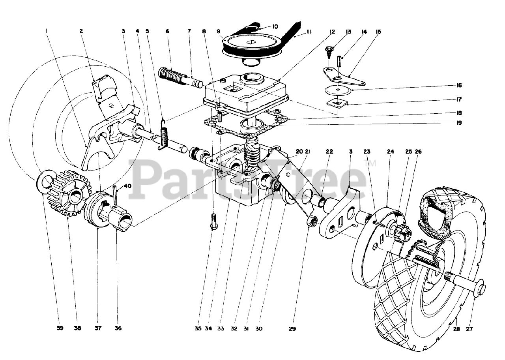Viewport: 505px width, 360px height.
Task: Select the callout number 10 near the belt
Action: tap(275, 26)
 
